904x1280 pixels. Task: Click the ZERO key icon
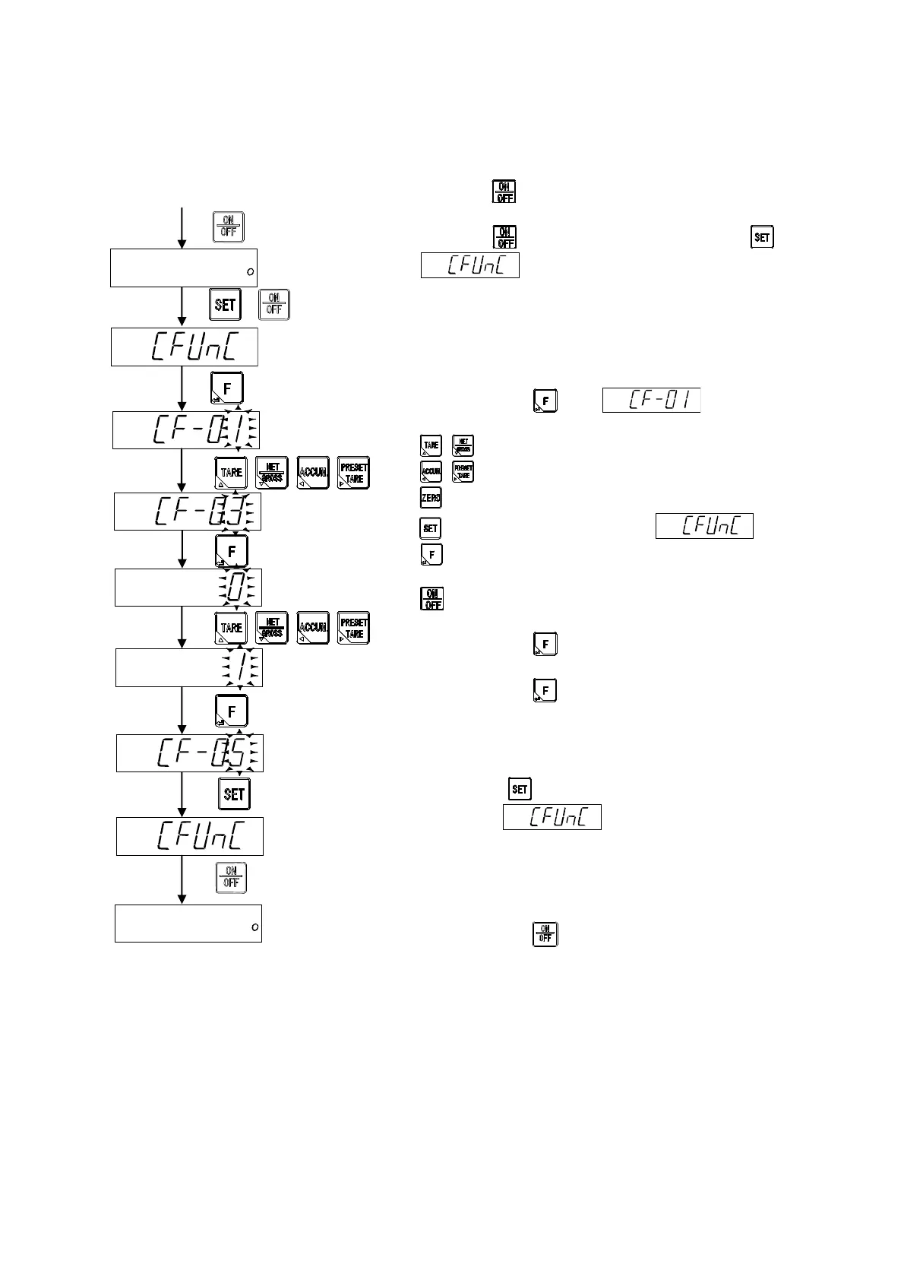click(x=431, y=498)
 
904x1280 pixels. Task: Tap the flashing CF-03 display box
click(x=188, y=512)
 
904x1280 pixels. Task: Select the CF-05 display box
click(x=190, y=753)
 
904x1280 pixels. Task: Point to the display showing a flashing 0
click(x=188, y=588)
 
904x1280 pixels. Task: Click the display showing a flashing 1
click(x=189, y=668)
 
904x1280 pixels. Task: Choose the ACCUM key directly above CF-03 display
click(x=313, y=472)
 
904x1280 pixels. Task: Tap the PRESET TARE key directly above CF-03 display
click(x=353, y=472)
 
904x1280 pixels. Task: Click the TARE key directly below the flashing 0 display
click(x=231, y=628)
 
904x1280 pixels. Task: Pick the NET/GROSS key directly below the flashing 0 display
click(x=272, y=628)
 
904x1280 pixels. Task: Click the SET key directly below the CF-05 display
click(x=234, y=794)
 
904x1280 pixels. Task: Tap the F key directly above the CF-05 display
click(x=232, y=711)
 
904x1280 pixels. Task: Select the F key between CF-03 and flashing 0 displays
click(x=232, y=550)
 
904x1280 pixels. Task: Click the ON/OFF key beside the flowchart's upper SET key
click(x=273, y=305)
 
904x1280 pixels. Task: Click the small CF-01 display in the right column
click(x=651, y=401)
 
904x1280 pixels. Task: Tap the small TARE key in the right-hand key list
click(x=431, y=446)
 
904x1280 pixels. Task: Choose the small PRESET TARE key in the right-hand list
click(x=463, y=472)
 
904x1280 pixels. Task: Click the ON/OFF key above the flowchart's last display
click(x=232, y=878)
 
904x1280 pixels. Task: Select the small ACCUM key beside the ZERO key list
click(x=431, y=472)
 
